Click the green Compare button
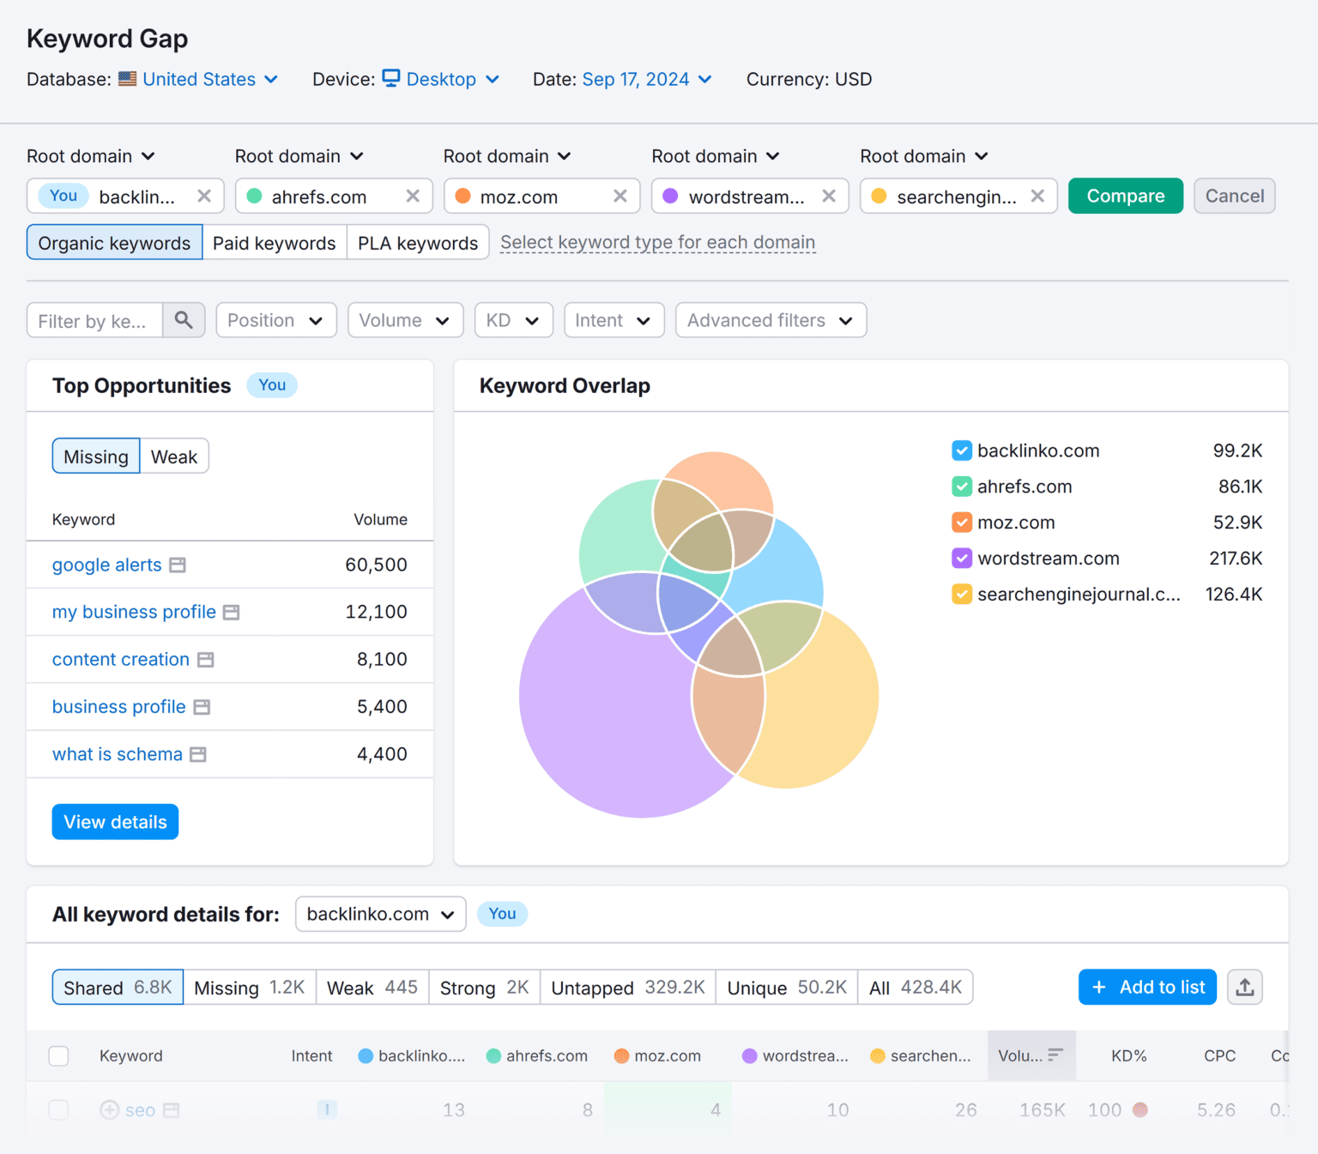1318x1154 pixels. point(1125,196)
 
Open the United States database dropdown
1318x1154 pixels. point(209,80)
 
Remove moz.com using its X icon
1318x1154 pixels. point(620,196)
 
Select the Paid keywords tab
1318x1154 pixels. point(274,244)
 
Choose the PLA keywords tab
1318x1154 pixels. point(417,244)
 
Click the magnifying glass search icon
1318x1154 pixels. point(184,320)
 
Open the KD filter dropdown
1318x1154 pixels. point(513,320)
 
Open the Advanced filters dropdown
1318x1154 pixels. point(770,320)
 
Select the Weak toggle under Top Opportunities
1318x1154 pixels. point(174,457)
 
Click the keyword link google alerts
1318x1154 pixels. point(107,565)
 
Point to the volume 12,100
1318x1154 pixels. point(376,613)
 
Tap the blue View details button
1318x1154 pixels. point(115,822)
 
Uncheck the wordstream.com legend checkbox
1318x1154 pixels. point(962,559)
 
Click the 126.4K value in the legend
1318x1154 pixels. point(1233,595)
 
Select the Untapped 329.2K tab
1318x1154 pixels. point(627,988)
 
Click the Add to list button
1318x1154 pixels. point(1147,988)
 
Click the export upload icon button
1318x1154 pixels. point(1244,988)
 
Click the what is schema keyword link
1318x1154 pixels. point(118,755)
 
